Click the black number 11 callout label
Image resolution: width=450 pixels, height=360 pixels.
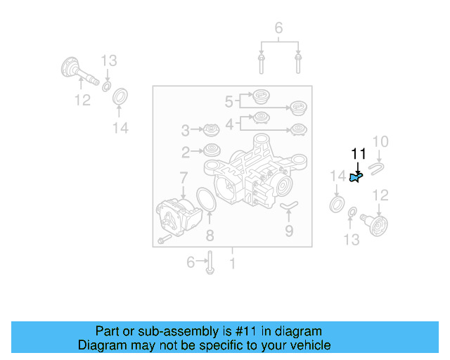(x=359, y=154)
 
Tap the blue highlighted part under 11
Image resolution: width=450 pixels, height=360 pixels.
(x=355, y=178)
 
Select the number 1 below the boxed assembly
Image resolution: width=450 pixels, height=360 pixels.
(x=233, y=264)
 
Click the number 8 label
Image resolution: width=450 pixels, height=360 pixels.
(x=209, y=236)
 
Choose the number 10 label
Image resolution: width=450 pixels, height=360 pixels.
(x=380, y=142)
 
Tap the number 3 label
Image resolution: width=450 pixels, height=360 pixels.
(x=186, y=130)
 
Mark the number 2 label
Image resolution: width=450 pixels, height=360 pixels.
(x=186, y=151)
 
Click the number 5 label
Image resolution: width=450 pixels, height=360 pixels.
(x=229, y=102)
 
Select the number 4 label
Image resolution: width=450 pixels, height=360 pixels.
(x=229, y=124)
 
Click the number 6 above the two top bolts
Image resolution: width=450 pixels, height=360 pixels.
(x=278, y=28)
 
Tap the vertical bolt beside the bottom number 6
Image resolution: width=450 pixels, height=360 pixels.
(x=210, y=262)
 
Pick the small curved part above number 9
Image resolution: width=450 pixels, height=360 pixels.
(x=289, y=206)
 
